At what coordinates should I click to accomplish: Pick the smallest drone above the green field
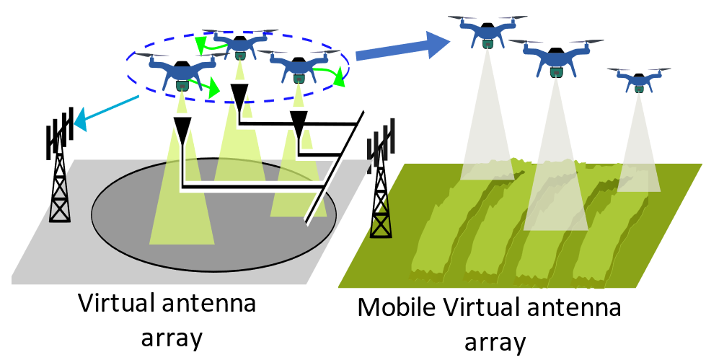(639, 79)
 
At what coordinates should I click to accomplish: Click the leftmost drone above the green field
(487, 32)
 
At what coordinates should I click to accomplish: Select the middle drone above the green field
(555, 58)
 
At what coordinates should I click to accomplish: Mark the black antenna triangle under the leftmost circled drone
(183, 130)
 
